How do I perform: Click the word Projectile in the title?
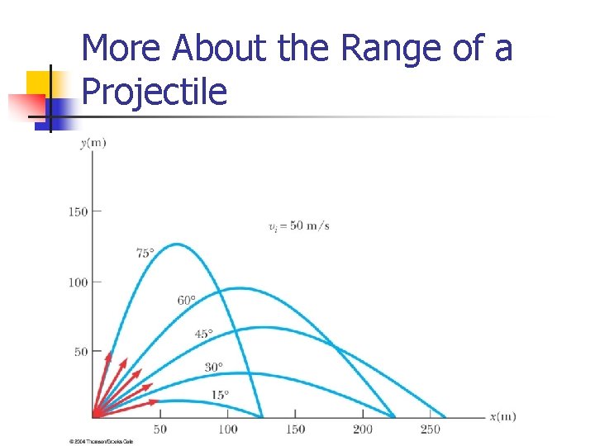155,90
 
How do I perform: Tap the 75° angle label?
145,254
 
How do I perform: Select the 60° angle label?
187,300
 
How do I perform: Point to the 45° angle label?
203,334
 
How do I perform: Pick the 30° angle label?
214,367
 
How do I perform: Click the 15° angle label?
220,395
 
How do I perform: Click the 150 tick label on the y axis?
78,212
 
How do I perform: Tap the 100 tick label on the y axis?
78,282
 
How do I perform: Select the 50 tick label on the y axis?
81,353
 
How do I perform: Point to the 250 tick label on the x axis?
430,429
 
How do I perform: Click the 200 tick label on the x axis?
362,429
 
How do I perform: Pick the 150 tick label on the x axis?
295,429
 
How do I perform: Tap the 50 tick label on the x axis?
160,429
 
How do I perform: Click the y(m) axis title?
93,143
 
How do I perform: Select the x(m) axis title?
502,416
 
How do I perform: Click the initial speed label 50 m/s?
298,226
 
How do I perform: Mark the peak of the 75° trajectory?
176,244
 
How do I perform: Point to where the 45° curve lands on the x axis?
445,417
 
